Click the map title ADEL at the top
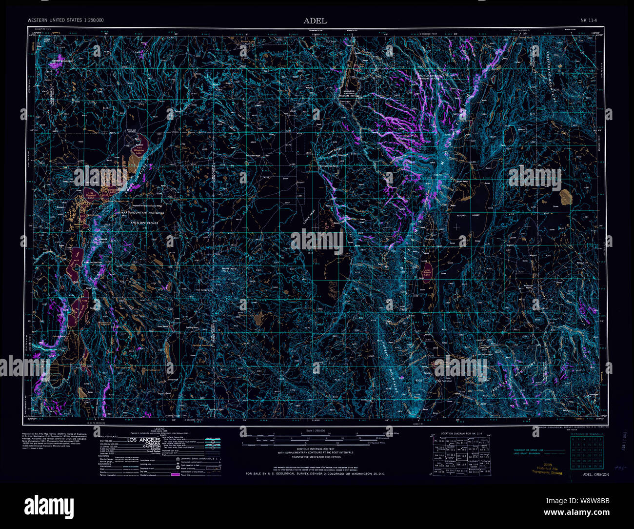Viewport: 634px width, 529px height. point(315,20)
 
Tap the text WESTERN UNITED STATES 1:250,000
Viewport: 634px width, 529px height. point(65,20)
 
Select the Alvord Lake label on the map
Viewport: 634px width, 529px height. point(427,274)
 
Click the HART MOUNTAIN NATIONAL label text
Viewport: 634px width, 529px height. point(140,213)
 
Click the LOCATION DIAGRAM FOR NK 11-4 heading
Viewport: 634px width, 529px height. point(461,433)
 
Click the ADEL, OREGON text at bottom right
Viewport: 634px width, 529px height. point(595,474)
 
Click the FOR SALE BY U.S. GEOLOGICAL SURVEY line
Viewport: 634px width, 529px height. point(316,474)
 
